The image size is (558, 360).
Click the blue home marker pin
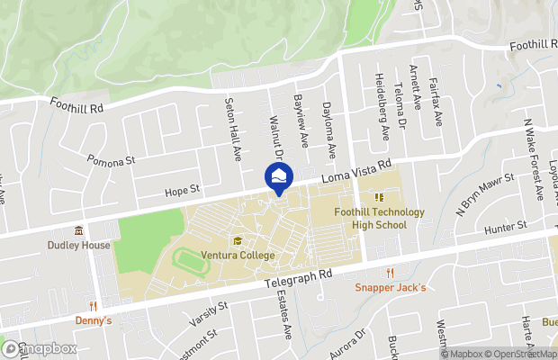click(278, 175)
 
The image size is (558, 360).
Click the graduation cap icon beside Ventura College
click(238, 240)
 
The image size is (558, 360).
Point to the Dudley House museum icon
click(79, 231)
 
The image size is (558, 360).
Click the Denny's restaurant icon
click(93, 305)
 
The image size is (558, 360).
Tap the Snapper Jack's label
click(390, 287)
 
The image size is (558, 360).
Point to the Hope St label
click(180, 191)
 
